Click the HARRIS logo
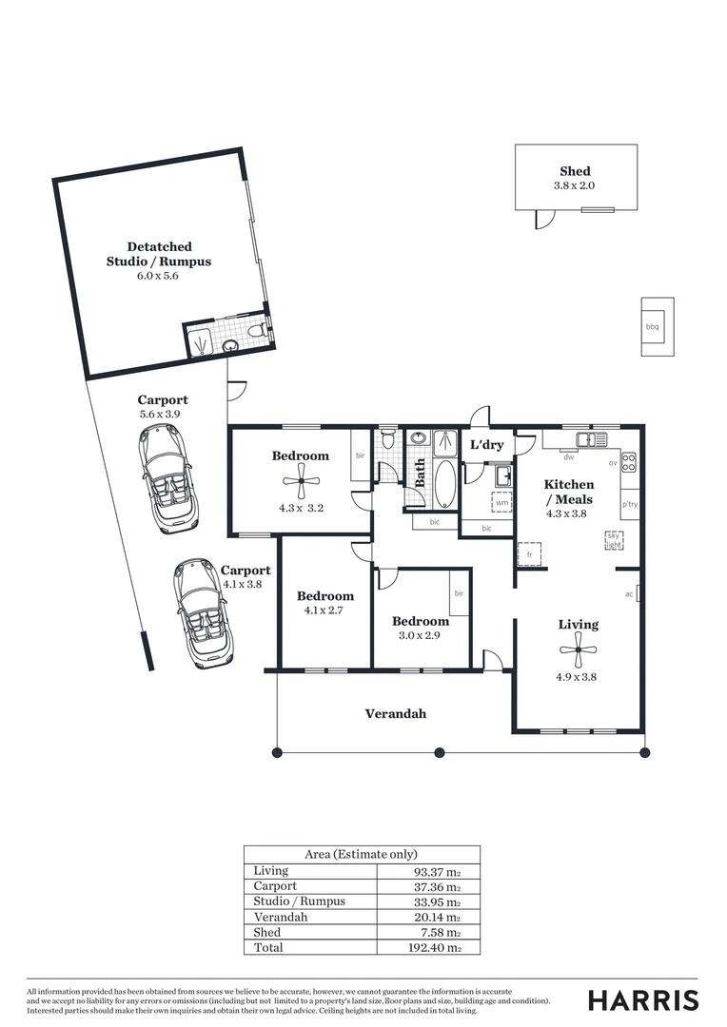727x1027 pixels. pyautogui.click(x=643, y=999)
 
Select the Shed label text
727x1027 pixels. pyautogui.click(x=575, y=172)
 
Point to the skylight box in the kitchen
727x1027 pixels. pyautogui.click(x=614, y=541)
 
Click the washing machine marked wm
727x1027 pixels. pyautogui.click(x=501, y=503)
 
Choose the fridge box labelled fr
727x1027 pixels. pyautogui.click(x=529, y=552)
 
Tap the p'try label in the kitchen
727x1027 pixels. pyautogui.click(x=629, y=504)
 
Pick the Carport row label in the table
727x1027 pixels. pyautogui.click(x=275, y=886)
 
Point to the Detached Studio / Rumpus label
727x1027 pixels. pyautogui.click(x=158, y=254)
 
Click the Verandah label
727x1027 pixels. pyautogui.click(x=396, y=713)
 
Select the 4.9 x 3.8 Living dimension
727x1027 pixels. pyautogui.click(x=578, y=678)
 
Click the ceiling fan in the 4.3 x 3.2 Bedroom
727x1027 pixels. pyautogui.click(x=301, y=481)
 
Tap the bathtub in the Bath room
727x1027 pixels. pyautogui.click(x=444, y=485)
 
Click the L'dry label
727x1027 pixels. pyautogui.click(x=486, y=445)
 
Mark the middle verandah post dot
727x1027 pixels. pyautogui.click(x=439, y=753)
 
